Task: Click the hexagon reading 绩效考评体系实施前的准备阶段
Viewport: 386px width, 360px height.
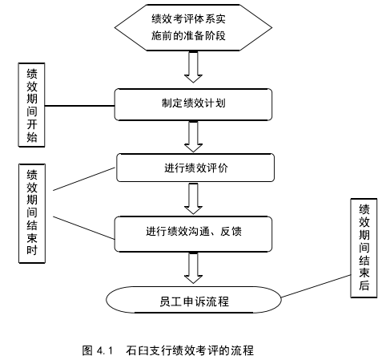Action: click(193, 27)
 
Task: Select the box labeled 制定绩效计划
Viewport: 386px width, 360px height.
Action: click(193, 104)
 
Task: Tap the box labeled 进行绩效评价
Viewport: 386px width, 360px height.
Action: click(195, 168)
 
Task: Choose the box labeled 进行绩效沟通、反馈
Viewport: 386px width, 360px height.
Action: click(193, 234)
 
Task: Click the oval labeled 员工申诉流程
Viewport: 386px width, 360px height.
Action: click(194, 300)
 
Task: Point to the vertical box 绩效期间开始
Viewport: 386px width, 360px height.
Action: click(31, 105)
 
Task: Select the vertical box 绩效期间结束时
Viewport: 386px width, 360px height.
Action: click(32, 213)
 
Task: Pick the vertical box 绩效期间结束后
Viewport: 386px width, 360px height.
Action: click(364, 248)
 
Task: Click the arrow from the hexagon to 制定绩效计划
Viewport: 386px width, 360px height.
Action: click(193, 67)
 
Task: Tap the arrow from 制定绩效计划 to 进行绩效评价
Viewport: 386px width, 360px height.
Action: click(193, 137)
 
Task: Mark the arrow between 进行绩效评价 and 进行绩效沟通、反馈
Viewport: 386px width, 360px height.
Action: click(193, 199)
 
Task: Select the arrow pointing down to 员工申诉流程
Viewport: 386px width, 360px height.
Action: click(193, 268)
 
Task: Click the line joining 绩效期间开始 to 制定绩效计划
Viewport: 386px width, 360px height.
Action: click(80, 106)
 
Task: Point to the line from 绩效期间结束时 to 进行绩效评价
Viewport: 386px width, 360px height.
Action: click(84, 179)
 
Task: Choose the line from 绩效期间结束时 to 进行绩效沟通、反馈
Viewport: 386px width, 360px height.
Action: click(84, 228)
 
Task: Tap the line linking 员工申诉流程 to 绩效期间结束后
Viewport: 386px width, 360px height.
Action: click(316, 286)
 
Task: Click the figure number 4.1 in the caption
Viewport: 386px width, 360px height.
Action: click(105, 350)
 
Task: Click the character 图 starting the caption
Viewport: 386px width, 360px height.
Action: click(87, 350)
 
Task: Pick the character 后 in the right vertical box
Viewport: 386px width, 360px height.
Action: click(364, 285)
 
